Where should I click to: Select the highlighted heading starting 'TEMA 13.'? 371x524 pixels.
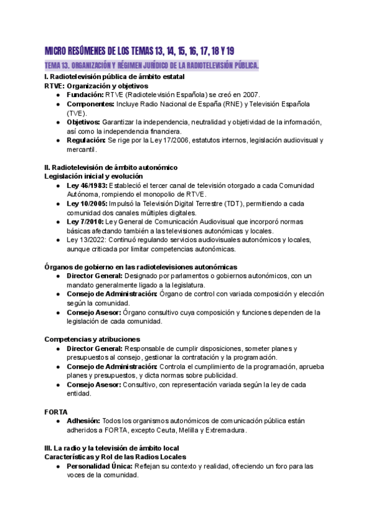point(151,65)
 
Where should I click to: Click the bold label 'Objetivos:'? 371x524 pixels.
point(83,122)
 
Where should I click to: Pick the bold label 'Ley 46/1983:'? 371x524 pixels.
point(87,185)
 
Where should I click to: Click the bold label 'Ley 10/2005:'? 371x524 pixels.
point(87,203)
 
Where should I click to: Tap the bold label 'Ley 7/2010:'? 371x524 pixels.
point(85,221)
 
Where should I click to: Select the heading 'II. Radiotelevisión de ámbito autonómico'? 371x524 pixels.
point(111,167)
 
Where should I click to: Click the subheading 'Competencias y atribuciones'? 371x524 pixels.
point(92,339)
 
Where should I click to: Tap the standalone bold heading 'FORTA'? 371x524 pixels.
point(56,411)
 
